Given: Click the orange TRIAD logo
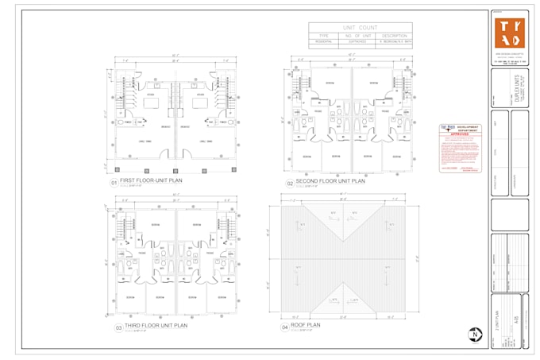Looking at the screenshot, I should coord(509,32).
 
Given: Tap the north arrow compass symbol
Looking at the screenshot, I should coord(474,335).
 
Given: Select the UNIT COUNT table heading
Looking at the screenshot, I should coord(360,27).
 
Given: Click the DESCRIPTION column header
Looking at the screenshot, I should coord(394,36).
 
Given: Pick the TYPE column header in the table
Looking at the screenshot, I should coord(323,36).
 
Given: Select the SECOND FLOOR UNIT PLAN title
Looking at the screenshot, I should coord(330,180).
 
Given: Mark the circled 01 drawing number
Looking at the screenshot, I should coord(114,183).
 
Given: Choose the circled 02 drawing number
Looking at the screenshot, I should coord(290,183).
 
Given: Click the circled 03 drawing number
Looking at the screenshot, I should coord(118,327).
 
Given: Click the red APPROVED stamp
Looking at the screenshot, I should coord(460,135).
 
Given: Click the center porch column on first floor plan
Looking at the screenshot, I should coord(175,169).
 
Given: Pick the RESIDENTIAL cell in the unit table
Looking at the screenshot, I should coord(323,41).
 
